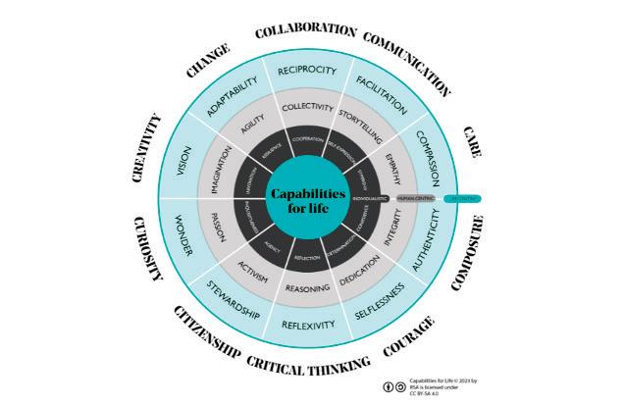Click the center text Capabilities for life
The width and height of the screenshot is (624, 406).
coord(309,199)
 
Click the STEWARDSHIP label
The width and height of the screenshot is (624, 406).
coord(233,302)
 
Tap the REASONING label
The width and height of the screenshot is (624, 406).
coord(307,289)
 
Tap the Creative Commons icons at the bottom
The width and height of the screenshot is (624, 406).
coord(392,385)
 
